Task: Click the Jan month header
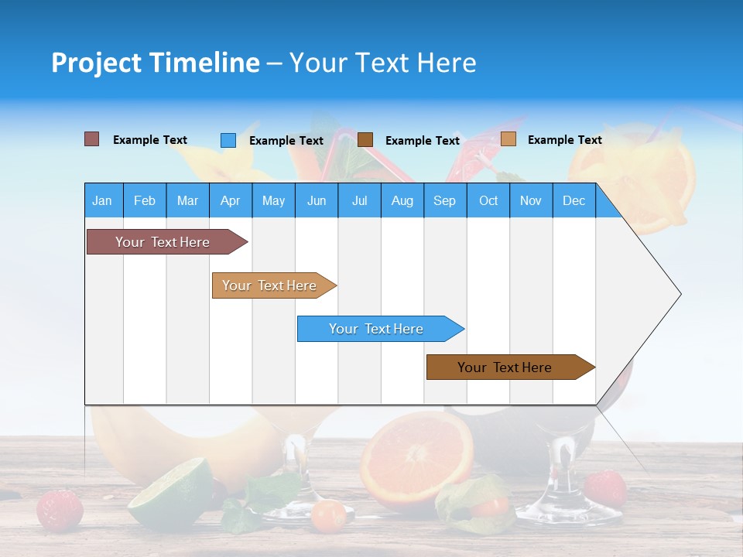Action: tap(102, 200)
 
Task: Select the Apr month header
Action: tap(230, 200)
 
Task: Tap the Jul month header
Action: tap(359, 200)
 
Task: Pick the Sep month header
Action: tap(444, 200)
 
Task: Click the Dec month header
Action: tap(574, 200)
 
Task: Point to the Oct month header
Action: tap(488, 200)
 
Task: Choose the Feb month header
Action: tap(145, 200)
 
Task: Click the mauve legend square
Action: tap(92, 139)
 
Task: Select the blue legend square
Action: tap(228, 140)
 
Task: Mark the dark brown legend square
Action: tap(365, 139)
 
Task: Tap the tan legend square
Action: tap(508, 139)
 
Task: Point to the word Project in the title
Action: tap(96, 63)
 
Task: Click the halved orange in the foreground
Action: tap(416, 460)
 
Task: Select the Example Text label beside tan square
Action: tap(564, 140)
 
